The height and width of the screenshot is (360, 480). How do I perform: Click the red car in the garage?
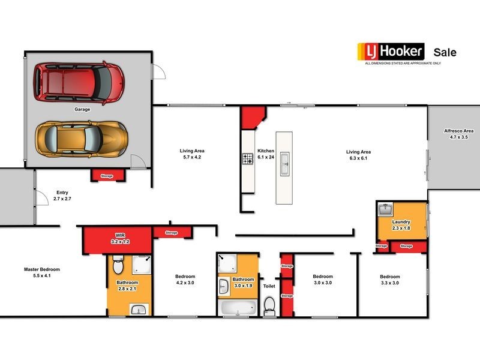point(79,82)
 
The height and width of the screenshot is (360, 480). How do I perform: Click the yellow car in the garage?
point(82,139)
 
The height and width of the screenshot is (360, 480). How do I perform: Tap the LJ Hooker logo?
point(391,52)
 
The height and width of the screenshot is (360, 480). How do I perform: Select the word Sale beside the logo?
point(445,52)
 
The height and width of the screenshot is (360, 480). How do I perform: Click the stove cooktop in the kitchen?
point(248,159)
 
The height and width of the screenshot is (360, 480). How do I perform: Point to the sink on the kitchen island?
point(284,164)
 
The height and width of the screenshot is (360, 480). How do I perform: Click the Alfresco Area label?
point(458,134)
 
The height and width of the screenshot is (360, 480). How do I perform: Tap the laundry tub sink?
point(385,210)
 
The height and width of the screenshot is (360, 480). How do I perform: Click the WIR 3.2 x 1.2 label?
point(121,238)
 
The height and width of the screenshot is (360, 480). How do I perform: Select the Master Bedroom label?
point(42,272)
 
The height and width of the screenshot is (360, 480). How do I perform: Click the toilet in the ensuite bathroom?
point(118,265)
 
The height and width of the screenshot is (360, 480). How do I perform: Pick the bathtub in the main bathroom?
point(238,307)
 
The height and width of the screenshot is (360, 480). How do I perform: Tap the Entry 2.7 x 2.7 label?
point(62,196)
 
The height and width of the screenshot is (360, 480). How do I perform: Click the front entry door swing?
point(42,198)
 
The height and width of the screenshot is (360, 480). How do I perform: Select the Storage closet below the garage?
point(107,175)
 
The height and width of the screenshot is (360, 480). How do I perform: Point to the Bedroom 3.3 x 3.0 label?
point(389,280)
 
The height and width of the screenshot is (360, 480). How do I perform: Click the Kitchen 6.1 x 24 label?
point(266,154)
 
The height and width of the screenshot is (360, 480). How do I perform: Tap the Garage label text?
point(82,109)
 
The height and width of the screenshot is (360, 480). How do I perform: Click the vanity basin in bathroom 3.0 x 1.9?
point(224,287)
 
